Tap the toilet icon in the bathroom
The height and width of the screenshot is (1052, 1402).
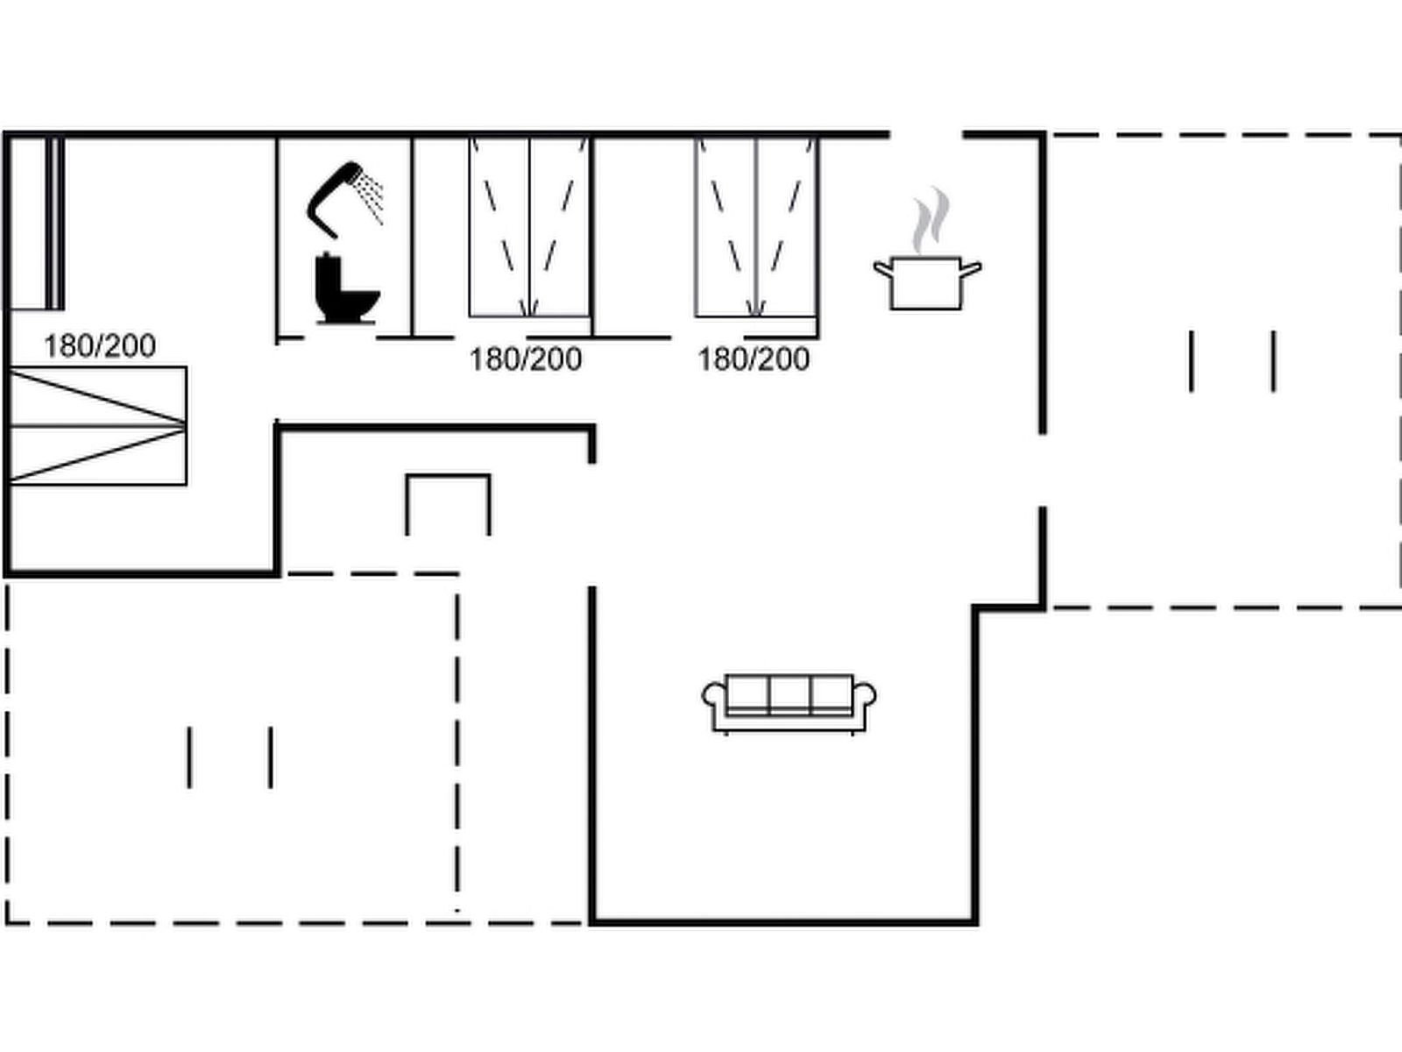tap(347, 288)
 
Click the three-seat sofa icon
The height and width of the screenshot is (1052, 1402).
tap(789, 704)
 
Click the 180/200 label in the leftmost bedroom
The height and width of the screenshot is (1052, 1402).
tap(100, 346)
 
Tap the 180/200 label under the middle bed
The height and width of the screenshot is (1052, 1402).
tap(526, 359)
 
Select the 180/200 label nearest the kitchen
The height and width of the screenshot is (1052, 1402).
tap(754, 359)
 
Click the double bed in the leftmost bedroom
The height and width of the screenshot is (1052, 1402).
tap(98, 425)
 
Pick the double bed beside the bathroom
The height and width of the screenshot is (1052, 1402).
tap(529, 227)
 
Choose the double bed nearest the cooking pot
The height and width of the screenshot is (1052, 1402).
tap(755, 227)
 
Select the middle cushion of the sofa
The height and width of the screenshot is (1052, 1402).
tap(790, 693)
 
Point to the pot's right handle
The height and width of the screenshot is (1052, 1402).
tap(972, 269)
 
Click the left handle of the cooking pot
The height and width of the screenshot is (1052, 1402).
tap(882, 269)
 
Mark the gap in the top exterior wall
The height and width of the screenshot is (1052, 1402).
tap(926, 135)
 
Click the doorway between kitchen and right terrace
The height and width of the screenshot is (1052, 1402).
tap(1043, 470)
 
